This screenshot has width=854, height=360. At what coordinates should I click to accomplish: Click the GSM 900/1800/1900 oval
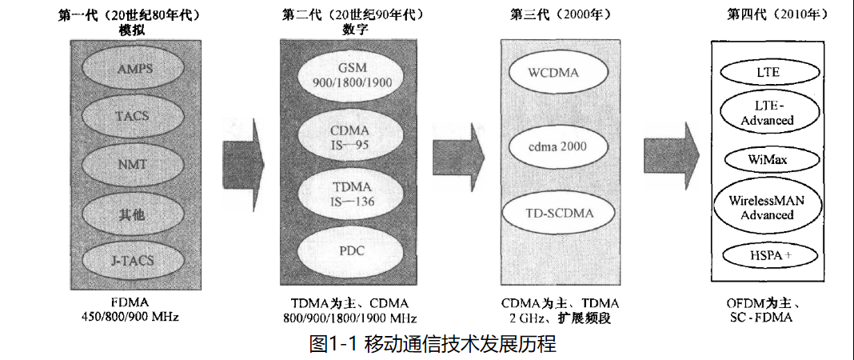349,74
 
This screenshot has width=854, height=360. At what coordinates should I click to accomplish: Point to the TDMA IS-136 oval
349,194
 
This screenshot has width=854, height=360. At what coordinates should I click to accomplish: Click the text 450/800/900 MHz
130,317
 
